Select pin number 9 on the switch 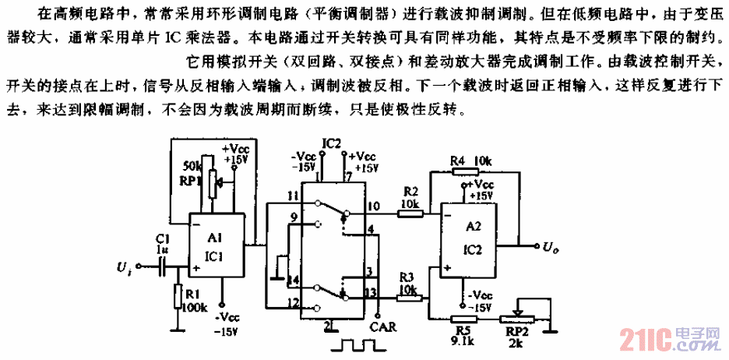294,217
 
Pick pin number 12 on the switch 294,302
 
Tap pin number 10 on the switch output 374,206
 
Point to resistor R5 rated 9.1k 466,317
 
